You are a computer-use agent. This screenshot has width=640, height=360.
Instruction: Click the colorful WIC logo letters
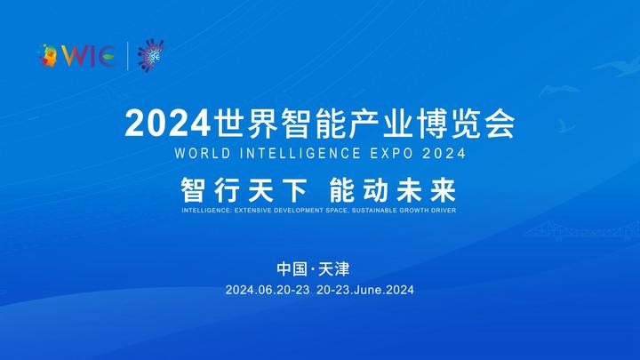click(88, 56)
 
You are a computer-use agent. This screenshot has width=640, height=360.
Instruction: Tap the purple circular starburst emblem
click(150, 55)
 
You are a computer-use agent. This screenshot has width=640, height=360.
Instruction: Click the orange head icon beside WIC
click(48, 55)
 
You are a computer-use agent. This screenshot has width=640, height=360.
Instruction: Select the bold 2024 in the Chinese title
click(167, 124)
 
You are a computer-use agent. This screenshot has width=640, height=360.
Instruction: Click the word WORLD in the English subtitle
click(203, 154)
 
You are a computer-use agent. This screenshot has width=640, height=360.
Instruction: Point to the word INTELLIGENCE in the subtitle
click(300, 154)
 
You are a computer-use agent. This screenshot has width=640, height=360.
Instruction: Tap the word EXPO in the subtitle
click(392, 154)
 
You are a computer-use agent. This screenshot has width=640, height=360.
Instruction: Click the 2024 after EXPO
click(444, 154)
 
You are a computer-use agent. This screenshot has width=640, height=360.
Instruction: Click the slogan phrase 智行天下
click(244, 190)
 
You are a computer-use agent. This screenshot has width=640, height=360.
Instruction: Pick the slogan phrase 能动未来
click(392, 190)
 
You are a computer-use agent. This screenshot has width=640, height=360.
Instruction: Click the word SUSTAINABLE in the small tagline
click(374, 211)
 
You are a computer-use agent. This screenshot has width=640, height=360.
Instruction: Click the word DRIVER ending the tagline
click(444, 211)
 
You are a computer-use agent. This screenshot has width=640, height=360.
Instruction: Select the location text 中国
click(292, 269)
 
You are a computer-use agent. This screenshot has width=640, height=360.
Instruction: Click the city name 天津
click(334, 269)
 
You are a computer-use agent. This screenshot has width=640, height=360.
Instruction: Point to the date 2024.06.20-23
click(268, 290)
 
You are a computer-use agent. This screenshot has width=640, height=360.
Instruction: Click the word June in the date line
click(369, 290)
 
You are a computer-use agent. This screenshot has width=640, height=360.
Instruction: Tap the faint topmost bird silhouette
click(619, 66)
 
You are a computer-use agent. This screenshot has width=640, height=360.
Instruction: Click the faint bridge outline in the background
click(583, 231)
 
